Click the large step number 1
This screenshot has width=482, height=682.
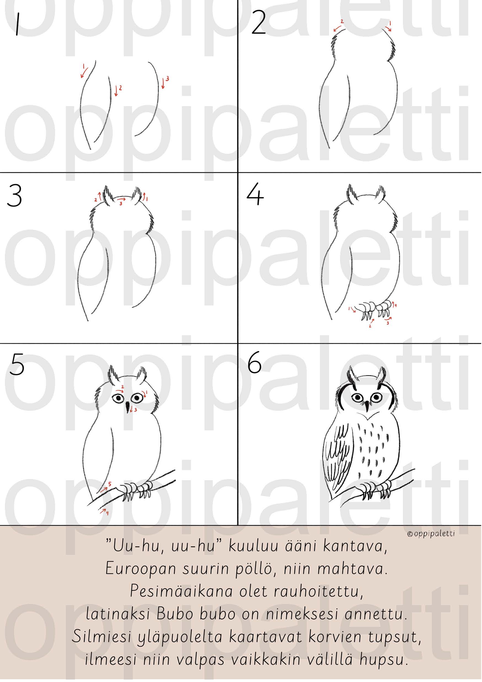(17, 24)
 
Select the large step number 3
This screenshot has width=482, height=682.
(14, 195)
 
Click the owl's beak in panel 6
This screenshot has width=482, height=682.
(367, 406)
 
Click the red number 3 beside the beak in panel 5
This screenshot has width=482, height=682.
(135, 410)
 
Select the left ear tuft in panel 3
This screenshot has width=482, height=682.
(107, 195)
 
